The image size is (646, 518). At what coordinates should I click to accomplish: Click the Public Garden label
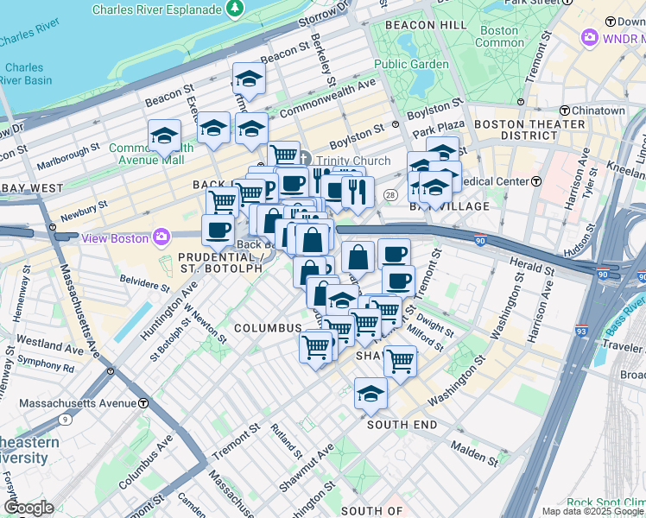(x=411, y=64)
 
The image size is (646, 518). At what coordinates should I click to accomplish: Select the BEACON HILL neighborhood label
(x=414, y=26)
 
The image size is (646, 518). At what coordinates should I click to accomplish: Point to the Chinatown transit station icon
(x=564, y=111)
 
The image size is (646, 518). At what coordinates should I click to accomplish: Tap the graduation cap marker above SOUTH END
(x=370, y=395)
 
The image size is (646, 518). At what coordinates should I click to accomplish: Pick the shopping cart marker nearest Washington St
(x=400, y=360)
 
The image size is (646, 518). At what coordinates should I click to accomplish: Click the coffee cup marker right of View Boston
(x=218, y=230)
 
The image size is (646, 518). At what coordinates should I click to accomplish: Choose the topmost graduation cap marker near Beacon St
(x=249, y=79)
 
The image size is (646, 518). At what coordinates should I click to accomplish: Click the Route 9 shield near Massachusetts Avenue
(x=66, y=420)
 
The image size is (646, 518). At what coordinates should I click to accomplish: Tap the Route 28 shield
(x=390, y=197)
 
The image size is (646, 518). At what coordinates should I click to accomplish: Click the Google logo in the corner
(x=28, y=508)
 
